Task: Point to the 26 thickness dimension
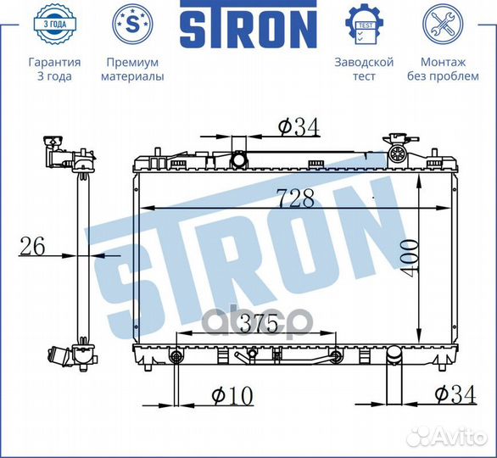32,247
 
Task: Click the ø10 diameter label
230,395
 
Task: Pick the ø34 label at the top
298,127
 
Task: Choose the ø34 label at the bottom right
453,395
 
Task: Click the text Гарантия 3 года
54,70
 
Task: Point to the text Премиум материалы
132,70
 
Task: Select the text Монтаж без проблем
443,70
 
